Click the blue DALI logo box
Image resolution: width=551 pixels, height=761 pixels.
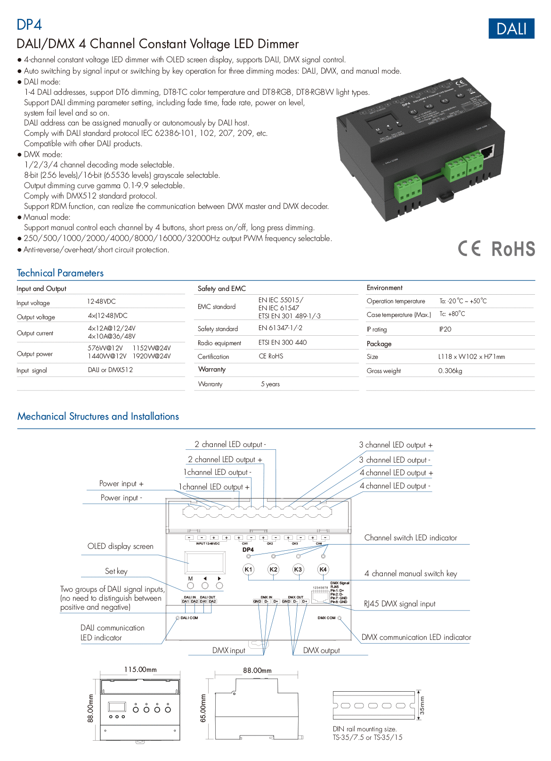(x=511, y=29)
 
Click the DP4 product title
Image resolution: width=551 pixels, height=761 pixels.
(x=29, y=25)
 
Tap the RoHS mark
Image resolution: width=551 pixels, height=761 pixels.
(x=513, y=249)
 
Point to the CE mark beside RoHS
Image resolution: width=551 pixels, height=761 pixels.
(x=470, y=248)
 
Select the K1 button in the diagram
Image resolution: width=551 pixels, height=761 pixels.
(x=248, y=569)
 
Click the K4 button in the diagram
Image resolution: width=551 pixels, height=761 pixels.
(x=323, y=569)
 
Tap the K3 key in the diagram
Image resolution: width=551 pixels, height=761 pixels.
(x=298, y=569)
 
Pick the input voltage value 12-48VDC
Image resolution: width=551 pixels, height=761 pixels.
(x=101, y=301)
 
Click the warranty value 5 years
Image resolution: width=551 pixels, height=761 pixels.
(x=270, y=384)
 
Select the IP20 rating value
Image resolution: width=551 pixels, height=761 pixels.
(x=445, y=329)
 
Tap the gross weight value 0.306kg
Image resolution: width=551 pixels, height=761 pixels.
(x=450, y=371)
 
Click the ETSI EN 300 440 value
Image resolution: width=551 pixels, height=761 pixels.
(x=283, y=342)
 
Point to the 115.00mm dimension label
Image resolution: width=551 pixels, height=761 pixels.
(x=140, y=670)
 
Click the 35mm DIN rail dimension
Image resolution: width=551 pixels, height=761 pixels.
(x=422, y=705)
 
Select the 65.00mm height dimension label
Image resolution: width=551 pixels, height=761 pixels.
(x=203, y=708)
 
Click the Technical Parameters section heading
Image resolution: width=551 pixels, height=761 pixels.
(x=60, y=273)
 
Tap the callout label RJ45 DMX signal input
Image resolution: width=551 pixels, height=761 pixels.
(x=399, y=604)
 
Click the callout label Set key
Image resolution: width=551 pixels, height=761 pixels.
(x=116, y=571)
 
